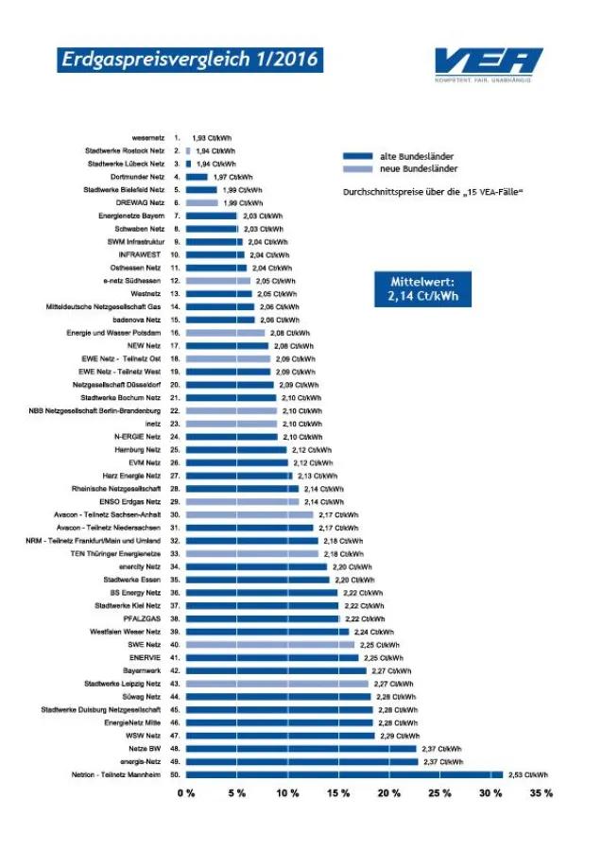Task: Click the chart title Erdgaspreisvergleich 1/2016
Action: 188,60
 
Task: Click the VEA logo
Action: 488,63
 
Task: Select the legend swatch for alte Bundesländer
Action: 357,156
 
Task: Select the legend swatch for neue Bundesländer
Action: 357,168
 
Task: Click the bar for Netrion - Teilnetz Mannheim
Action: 344,774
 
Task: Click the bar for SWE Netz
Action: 270,644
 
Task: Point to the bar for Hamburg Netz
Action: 236,450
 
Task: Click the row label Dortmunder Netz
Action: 138,177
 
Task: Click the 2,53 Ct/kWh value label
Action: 527,774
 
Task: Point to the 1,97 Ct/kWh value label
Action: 232,177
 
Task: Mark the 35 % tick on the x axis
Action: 541,792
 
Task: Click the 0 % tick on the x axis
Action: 186,792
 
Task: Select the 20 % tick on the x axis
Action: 388,792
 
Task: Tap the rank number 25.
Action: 176,450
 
